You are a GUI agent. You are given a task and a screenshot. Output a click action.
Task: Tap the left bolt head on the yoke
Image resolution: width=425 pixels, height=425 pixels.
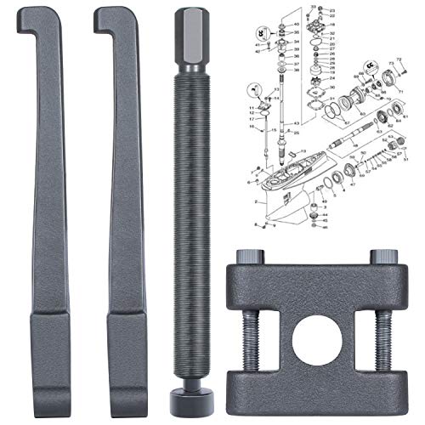(252, 258)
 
